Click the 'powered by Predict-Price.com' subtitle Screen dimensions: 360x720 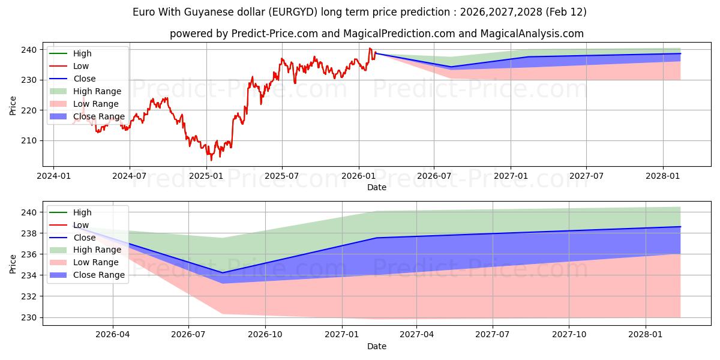pos(376,34)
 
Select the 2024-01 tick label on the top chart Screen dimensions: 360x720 pos(53,176)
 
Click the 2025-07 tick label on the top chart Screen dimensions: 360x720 pos(282,176)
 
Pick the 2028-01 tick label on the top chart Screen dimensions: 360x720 pos(663,176)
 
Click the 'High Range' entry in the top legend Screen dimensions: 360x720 pos(97,91)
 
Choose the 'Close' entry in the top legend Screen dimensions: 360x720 pos(84,79)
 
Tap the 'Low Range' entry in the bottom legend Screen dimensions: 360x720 pos(96,262)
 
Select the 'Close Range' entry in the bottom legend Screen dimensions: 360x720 pos(99,275)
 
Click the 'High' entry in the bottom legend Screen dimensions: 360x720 pos(82,212)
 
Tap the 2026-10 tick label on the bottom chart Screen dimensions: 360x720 pos(265,335)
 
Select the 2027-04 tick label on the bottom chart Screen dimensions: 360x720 pos(417,335)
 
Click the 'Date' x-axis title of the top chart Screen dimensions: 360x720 pos(377,187)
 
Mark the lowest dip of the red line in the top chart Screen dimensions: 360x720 pos(211,160)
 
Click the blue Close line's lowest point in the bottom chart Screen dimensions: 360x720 pos(222,273)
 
